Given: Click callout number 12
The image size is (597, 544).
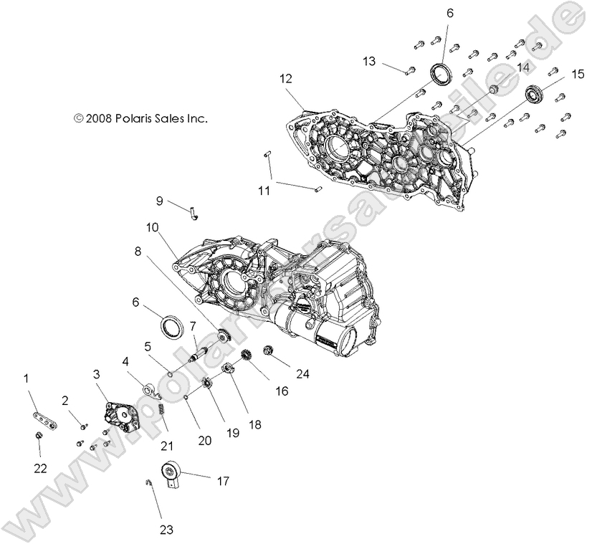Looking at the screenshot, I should [287, 78].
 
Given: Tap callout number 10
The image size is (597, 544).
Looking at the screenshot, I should [152, 228].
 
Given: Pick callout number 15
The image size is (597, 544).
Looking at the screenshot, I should [577, 75].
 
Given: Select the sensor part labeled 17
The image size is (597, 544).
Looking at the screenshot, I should [173, 474].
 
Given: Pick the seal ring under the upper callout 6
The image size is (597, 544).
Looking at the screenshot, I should [440, 73].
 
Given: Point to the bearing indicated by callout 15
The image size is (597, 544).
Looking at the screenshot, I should [532, 93].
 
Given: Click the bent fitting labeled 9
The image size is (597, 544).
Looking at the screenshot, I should [194, 211].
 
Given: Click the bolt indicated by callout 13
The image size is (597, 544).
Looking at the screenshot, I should [409, 70].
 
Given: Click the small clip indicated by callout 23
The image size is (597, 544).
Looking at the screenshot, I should [147, 482].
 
